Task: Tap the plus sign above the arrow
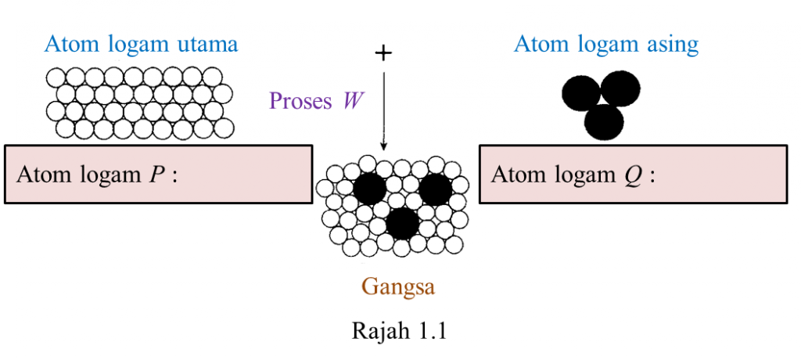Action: [383, 52]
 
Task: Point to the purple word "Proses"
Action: [300, 101]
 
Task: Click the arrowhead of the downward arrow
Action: [383, 146]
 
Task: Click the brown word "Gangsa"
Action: [398, 286]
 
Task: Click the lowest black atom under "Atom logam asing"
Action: [604, 121]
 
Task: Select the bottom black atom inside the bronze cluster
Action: [402, 224]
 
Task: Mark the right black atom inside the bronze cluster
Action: [436, 189]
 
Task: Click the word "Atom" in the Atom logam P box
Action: [41, 174]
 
